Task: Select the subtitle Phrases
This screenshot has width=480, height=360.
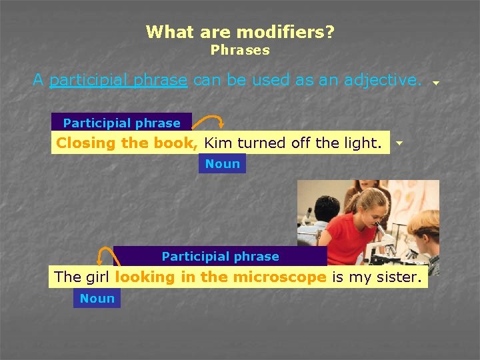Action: [x=240, y=50]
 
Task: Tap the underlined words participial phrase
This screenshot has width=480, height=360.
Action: [x=118, y=80]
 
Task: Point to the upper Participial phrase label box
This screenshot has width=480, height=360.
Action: [x=121, y=123]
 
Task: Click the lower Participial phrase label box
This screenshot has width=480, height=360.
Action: [x=220, y=256]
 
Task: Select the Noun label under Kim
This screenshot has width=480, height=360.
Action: [x=222, y=163]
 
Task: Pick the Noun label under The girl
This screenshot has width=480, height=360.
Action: [x=97, y=299]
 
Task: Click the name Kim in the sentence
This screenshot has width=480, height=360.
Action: [x=219, y=143]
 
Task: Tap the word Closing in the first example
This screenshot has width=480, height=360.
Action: [x=81, y=143]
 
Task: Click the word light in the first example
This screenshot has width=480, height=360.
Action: [x=365, y=143]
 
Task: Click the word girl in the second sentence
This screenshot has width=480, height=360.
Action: [x=97, y=277]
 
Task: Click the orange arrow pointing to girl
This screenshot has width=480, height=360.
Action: [x=104, y=256]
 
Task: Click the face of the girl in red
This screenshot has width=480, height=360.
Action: [x=372, y=207]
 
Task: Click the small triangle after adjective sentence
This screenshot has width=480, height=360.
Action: [x=435, y=83]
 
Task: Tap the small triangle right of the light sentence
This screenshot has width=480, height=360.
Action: [x=399, y=143]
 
